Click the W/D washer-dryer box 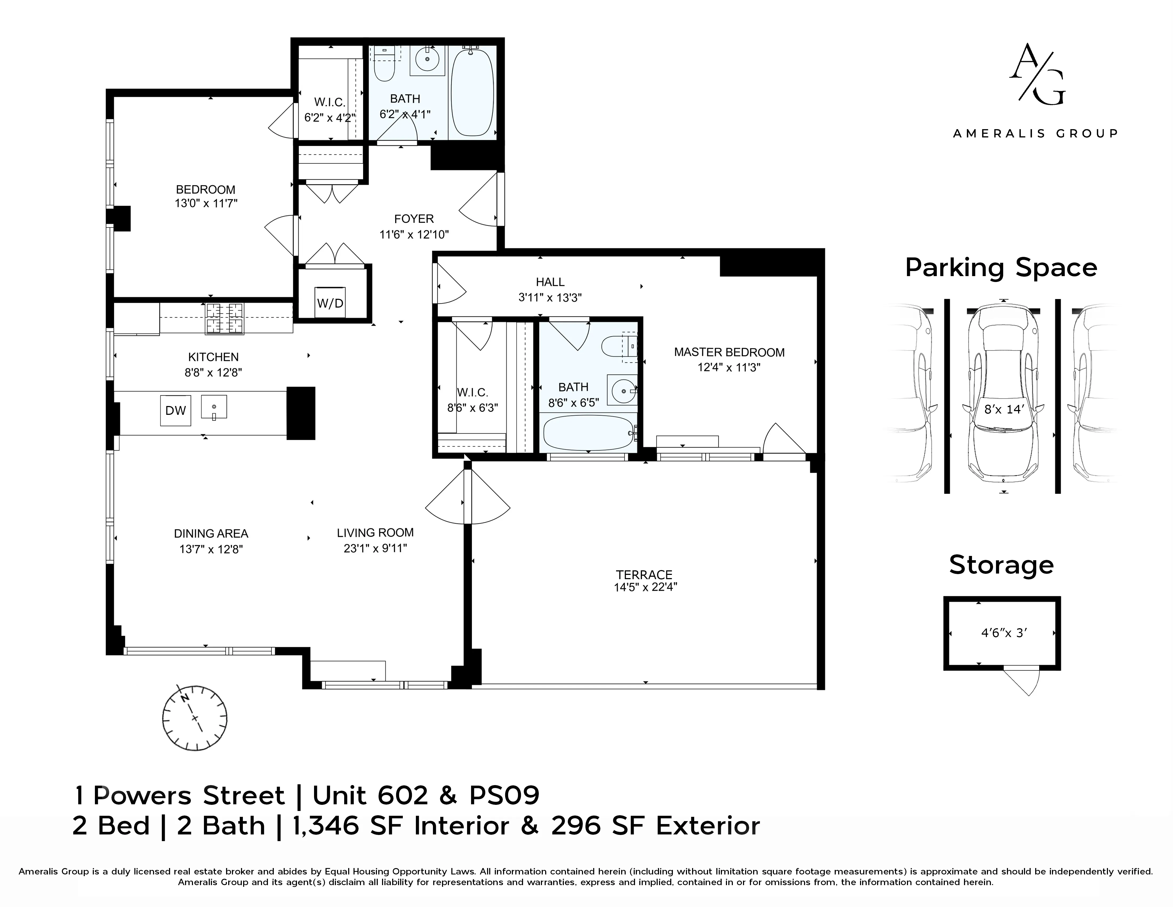pos(330,303)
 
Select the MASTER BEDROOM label pos(729,352)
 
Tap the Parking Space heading pos(1001,268)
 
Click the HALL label pos(550,282)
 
